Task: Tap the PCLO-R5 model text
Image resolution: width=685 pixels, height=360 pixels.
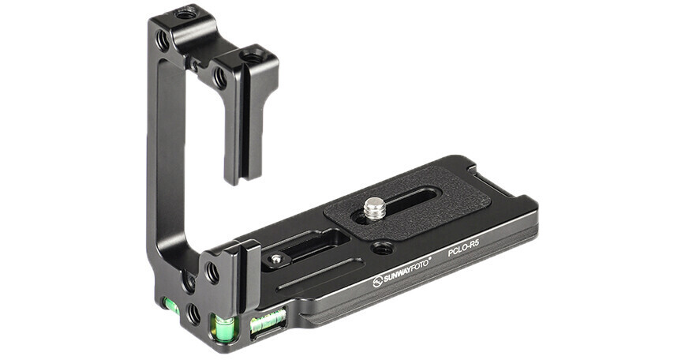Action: click(x=463, y=250)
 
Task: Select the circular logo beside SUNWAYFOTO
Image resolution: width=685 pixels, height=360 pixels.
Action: click(x=377, y=282)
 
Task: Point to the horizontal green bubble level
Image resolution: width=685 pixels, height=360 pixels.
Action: click(x=268, y=322)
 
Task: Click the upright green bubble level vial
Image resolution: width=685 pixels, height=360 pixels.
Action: click(x=223, y=328)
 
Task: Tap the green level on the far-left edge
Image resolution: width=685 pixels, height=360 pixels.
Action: click(x=170, y=306)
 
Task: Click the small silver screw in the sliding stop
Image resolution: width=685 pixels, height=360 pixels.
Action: click(x=275, y=259)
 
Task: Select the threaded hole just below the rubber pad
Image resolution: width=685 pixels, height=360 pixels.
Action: click(x=381, y=249)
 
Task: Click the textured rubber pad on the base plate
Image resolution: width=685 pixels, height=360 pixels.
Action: click(x=407, y=202)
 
